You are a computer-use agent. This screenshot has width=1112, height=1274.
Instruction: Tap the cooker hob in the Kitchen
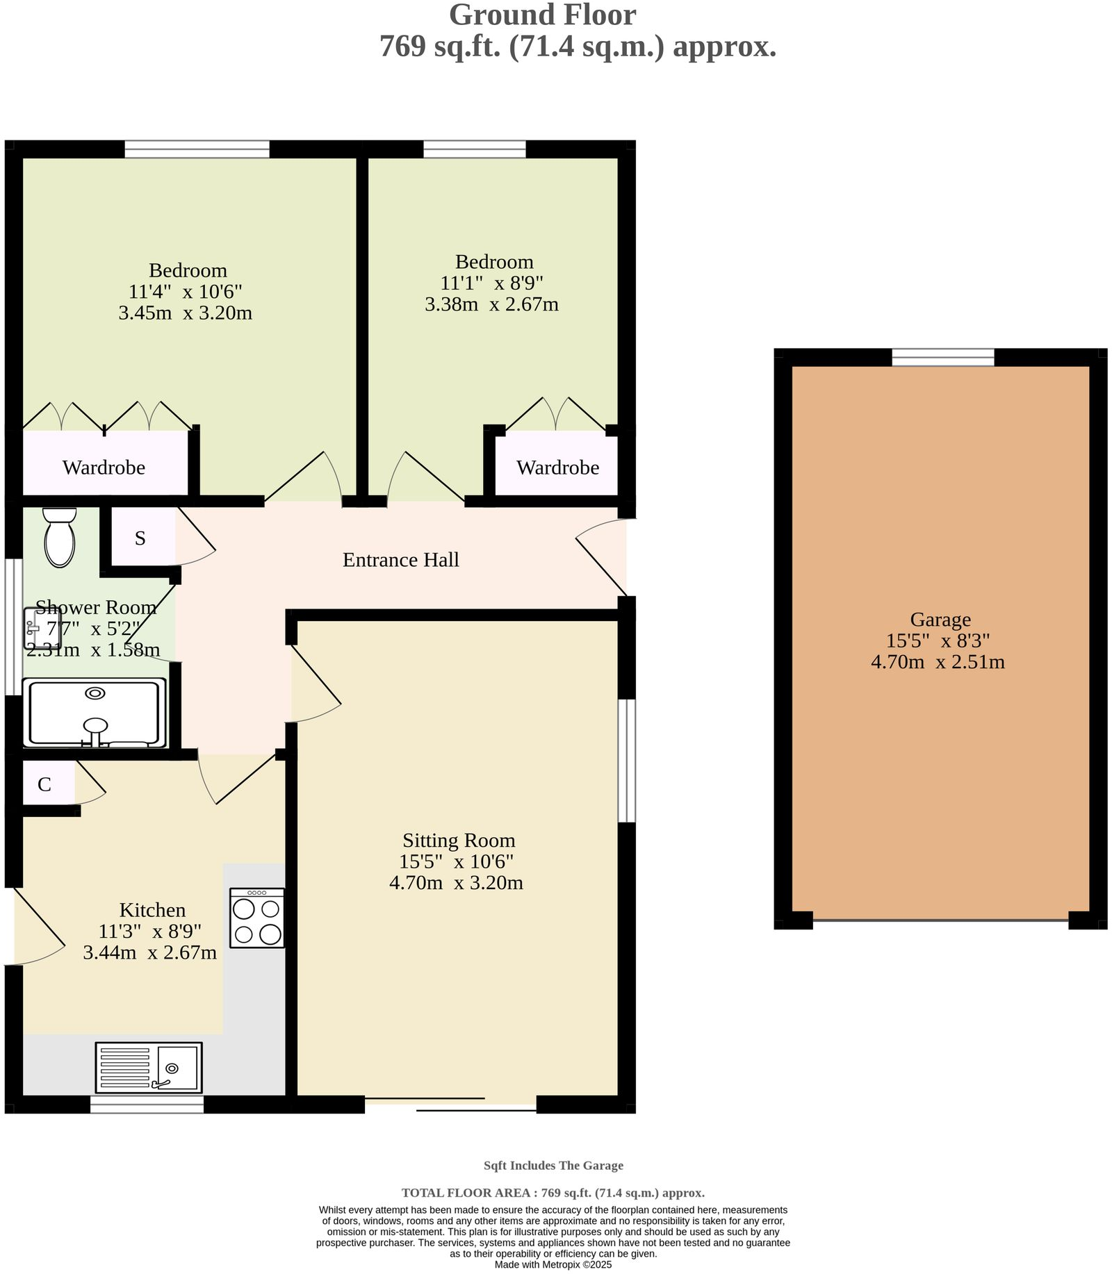point(256,918)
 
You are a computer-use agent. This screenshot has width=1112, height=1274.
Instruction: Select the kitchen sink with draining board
point(149,1067)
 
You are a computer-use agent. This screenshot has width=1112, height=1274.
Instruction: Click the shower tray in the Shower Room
point(95,713)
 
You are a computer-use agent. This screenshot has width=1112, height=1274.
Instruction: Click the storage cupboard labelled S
point(141,538)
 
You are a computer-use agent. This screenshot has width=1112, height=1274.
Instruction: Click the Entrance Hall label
point(400,560)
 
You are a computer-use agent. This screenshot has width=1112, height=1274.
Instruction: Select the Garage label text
point(940,619)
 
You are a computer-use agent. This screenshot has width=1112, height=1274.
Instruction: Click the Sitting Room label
point(459,841)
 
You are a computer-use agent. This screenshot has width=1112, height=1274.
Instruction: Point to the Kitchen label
point(152,910)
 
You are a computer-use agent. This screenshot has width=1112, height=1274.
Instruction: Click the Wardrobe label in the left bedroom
point(104,468)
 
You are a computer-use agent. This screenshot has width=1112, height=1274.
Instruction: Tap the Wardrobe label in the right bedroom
point(557,468)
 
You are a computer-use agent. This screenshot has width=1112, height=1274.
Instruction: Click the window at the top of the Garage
point(942,357)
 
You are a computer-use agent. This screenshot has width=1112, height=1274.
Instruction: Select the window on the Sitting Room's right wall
point(627,760)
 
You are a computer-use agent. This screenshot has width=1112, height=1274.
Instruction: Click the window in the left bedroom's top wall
point(197,149)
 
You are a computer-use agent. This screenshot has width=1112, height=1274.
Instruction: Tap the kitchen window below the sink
point(147,1104)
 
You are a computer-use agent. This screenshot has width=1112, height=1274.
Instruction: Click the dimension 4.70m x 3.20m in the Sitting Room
point(456,883)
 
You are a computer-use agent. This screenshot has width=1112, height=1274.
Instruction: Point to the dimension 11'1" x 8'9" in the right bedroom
point(491,283)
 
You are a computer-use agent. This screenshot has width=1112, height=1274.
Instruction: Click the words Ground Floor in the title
point(542,15)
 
